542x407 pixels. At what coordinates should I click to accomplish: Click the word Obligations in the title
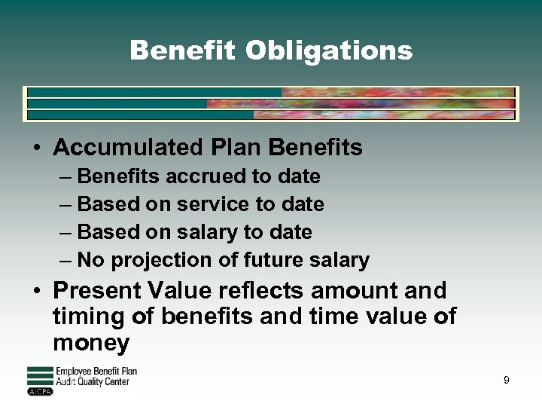[x=329, y=51]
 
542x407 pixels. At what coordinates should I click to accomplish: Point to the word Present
[x=97, y=290]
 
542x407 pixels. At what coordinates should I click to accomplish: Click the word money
[x=91, y=344]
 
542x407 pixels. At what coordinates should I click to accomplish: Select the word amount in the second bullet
[x=353, y=290]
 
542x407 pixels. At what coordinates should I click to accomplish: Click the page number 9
[x=506, y=381]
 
